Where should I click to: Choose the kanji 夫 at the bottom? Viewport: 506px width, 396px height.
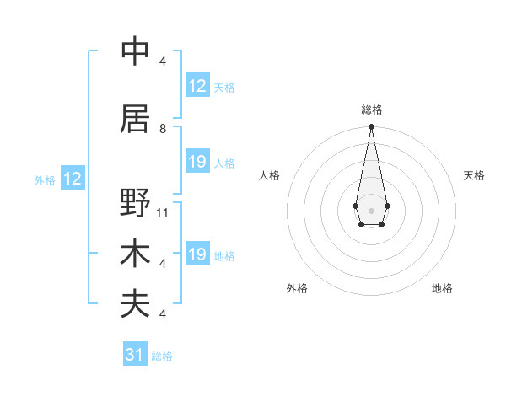click(135, 303)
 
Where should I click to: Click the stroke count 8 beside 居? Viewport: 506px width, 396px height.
click(163, 128)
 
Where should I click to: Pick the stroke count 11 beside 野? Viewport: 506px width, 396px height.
click(163, 212)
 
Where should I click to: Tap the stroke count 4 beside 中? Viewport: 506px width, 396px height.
click(163, 61)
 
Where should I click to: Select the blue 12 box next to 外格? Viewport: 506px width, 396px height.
click(73, 179)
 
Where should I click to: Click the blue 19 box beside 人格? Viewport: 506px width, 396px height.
click(196, 163)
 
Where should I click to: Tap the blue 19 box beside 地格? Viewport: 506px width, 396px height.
click(196, 254)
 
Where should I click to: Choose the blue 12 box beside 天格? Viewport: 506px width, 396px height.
click(196, 86)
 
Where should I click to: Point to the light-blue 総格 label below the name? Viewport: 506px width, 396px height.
click(162, 356)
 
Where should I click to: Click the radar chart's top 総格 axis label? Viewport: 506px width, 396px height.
click(371, 110)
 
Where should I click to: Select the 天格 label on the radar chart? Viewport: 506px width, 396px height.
click(474, 175)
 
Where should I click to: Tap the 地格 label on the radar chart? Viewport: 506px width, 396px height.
click(442, 288)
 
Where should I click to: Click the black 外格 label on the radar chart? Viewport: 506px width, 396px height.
click(297, 288)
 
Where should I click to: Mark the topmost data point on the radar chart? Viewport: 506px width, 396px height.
click(371, 127)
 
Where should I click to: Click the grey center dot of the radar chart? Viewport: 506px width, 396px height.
click(371, 209)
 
